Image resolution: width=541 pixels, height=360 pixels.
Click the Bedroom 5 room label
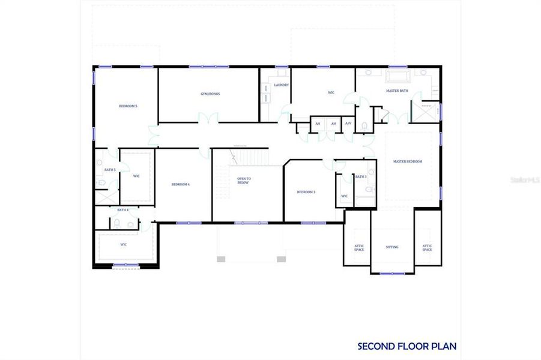(x=128, y=106)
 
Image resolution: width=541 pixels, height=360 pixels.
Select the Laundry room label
(x=281, y=85)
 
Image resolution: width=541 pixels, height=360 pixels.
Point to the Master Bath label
(x=396, y=91)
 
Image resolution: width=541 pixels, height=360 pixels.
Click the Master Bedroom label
(x=408, y=161)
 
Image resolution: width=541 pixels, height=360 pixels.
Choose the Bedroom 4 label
(x=180, y=184)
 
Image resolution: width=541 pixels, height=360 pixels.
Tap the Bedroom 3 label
(x=306, y=192)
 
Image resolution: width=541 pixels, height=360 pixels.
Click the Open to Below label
(x=243, y=181)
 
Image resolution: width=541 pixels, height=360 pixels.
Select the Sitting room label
(x=392, y=247)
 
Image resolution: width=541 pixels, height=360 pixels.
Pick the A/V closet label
(x=348, y=124)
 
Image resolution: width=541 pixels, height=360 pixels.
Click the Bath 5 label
(x=110, y=170)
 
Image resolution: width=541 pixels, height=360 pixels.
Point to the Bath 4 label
(x=122, y=210)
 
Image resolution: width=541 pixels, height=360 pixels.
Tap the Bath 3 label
(x=360, y=176)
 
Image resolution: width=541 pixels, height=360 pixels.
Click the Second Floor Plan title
(x=407, y=346)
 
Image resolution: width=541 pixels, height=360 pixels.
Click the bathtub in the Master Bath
(x=397, y=76)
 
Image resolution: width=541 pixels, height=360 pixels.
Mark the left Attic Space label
(x=358, y=247)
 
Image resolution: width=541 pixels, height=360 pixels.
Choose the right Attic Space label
(x=427, y=247)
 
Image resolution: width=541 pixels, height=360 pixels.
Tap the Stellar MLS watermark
(x=526, y=179)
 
